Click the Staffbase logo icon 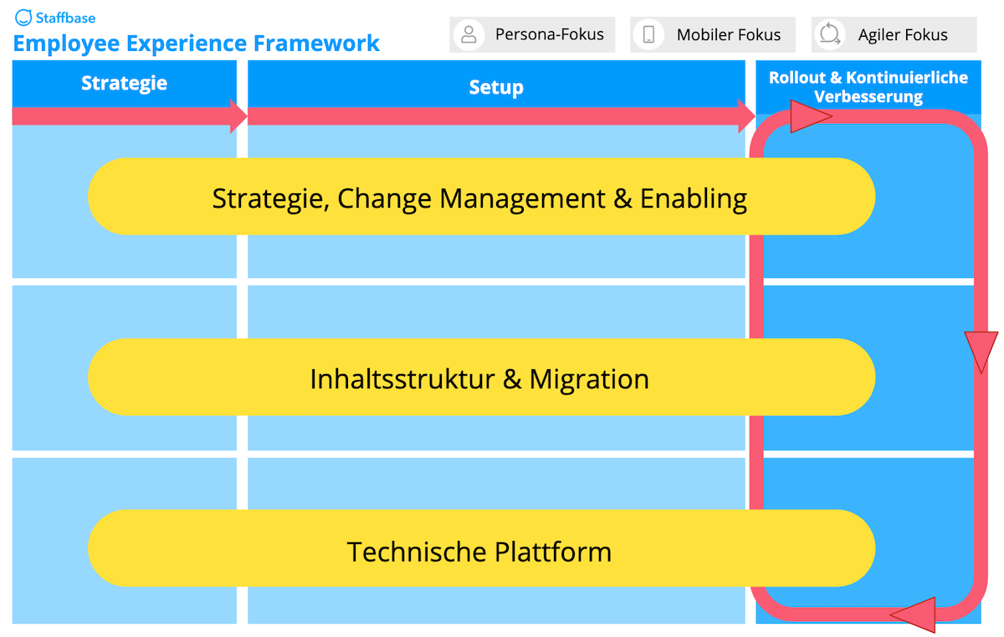click(23, 18)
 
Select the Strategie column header click(124, 83)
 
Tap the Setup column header click(496, 87)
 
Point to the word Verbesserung click(868, 96)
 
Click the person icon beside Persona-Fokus click(469, 34)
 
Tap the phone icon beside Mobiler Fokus click(649, 34)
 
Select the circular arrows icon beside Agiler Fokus click(830, 34)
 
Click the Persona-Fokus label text click(549, 34)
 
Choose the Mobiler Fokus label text click(729, 34)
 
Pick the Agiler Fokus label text click(903, 34)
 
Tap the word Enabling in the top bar click(694, 198)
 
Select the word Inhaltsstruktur click(402, 379)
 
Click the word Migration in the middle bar click(589, 379)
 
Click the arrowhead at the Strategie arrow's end click(238, 116)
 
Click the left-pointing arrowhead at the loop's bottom click(914, 614)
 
